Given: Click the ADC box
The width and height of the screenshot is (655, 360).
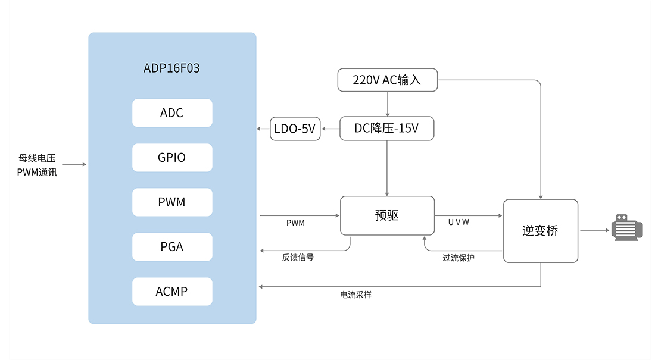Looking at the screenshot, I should (172, 113).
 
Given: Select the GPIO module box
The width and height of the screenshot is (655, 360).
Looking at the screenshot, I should (172, 158).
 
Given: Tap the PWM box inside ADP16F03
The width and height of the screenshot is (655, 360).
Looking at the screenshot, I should (172, 202).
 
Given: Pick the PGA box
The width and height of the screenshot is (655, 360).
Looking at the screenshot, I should (172, 247).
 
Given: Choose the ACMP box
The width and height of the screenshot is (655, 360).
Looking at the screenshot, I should (172, 292).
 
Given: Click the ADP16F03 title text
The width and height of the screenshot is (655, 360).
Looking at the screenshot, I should (172, 68).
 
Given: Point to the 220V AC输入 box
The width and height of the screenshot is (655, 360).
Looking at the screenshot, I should (387, 80).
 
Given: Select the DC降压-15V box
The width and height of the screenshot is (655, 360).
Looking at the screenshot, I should (387, 128).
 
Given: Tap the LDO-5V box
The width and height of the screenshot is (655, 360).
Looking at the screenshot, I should (295, 128).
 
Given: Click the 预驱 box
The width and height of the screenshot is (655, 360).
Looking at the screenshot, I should (387, 215).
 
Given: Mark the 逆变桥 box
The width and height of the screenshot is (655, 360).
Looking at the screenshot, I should (541, 231).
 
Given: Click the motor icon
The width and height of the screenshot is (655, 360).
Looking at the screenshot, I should (627, 228).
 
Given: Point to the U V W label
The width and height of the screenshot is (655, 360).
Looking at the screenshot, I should (458, 223).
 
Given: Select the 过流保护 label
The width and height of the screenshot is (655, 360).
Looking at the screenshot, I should (458, 258).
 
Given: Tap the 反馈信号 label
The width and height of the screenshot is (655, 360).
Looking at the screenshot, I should (298, 258).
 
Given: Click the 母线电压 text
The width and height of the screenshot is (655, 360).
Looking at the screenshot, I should (37, 158).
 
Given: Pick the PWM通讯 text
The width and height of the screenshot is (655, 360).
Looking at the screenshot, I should (37, 173).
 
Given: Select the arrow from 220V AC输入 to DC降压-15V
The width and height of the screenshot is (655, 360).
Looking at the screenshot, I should (388, 104).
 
